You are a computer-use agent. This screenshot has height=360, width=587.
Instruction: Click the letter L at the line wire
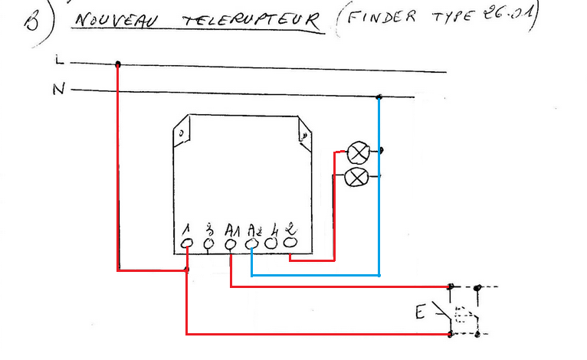click(x=59, y=59)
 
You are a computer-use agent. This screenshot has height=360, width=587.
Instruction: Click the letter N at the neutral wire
click(x=58, y=90)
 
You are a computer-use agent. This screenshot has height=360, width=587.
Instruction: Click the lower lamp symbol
click(x=356, y=178)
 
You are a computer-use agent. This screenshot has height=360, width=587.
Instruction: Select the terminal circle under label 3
click(x=210, y=243)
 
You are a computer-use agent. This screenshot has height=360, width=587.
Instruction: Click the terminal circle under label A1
click(x=231, y=243)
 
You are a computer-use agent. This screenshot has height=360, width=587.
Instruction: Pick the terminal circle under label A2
click(x=253, y=243)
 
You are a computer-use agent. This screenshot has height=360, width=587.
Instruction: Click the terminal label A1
click(x=232, y=229)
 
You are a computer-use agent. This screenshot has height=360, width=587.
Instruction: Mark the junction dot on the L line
click(x=117, y=64)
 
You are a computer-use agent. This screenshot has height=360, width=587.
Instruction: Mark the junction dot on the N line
click(x=379, y=97)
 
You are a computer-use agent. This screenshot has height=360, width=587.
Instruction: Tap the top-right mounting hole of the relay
click(x=304, y=137)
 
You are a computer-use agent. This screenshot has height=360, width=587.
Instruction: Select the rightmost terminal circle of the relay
click(x=291, y=242)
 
